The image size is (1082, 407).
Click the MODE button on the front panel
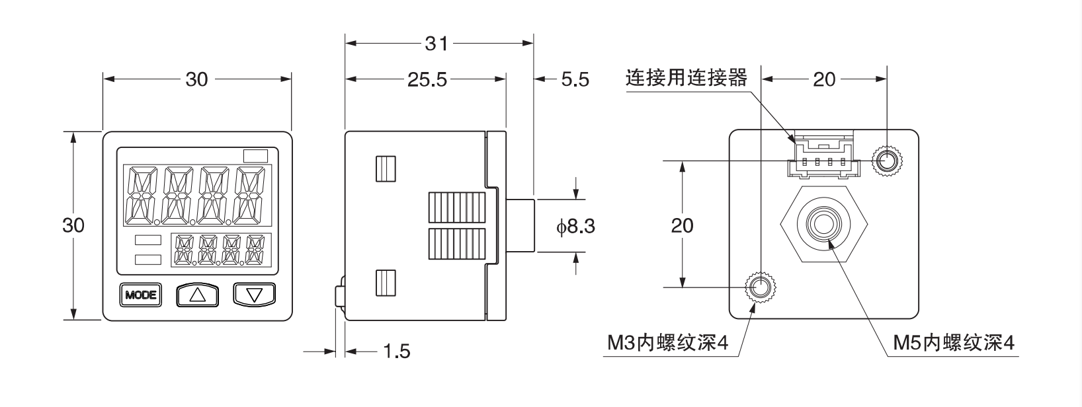(x=141, y=295)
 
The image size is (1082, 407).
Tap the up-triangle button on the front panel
(x=197, y=295)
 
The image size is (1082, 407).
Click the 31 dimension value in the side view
(x=437, y=44)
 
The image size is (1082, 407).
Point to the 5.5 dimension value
(x=574, y=80)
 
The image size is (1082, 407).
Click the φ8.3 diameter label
(x=575, y=227)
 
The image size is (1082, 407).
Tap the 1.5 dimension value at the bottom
(x=396, y=351)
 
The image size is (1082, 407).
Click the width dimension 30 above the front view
(x=196, y=80)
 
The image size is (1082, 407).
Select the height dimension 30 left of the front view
(x=73, y=225)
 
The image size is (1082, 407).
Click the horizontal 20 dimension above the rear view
(x=824, y=80)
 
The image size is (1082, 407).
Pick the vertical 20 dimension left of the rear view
(x=682, y=225)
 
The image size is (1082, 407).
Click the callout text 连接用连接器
(x=686, y=79)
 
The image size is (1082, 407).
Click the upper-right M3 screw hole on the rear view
(x=887, y=160)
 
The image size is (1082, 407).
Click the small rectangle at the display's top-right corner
(x=255, y=157)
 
